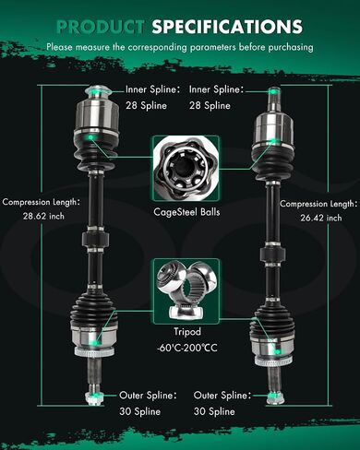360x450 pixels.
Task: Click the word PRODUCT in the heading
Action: pyautogui.click(x=101, y=27)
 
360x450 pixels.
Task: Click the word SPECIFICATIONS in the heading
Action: pyautogui.click(x=227, y=27)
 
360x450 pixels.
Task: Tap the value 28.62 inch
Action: pyautogui.click(x=43, y=216)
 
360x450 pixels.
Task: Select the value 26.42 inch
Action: pyautogui.click(x=321, y=218)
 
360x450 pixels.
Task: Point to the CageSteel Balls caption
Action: pyautogui.click(x=186, y=212)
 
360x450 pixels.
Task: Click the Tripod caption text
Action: pyautogui.click(x=187, y=332)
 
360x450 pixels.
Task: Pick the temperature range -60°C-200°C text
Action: pyautogui.click(x=187, y=348)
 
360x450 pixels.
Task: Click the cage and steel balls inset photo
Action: pyautogui.click(x=186, y=169)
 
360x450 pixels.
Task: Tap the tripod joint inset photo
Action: pyautogui.click(x=186, y=290)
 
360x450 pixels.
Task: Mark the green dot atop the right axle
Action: pyautogui.click(x=273, y=91)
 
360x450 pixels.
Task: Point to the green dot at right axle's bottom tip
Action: pyautogui.click(x=272, y=396)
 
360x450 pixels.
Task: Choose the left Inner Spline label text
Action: pyautogui.click(x=152, y=89)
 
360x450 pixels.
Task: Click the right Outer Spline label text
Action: pyautogui.click(x=222, y=396)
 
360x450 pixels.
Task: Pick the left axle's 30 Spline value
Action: pyautogui.click(x=140, y=411)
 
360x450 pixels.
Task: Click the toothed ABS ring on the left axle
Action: pyautogui.click(x=95, y=352)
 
